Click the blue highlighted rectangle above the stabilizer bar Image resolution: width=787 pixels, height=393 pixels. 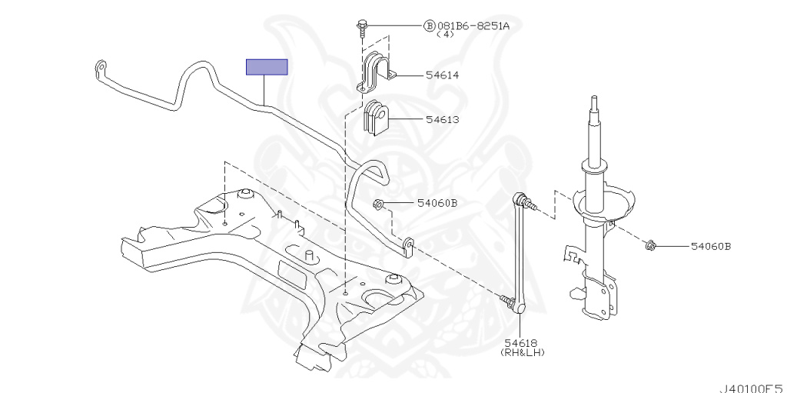(x=267, y=67)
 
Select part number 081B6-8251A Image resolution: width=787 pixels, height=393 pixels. (x=473, y=25)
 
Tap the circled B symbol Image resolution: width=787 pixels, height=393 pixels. (x=429, y=25)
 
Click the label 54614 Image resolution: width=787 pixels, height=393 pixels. (x=442, y=75)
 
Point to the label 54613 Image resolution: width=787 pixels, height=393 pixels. (x=442, y=120)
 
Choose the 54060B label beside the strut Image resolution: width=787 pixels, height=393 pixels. (x=711, y=246)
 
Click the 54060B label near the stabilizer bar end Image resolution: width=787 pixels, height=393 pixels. (x=437, y=203)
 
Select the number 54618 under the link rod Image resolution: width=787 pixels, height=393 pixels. (x=522, y=343)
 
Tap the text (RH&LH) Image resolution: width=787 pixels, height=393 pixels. (x=523, y=352)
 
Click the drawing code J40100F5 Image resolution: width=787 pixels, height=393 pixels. (x=753, y=388)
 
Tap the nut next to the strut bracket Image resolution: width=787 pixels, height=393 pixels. (x=650, y=246)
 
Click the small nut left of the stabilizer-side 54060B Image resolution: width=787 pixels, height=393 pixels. (x=378, y=204)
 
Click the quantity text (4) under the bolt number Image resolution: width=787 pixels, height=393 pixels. (x=445, y=35)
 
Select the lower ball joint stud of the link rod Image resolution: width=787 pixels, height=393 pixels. (x=507, y=301)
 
